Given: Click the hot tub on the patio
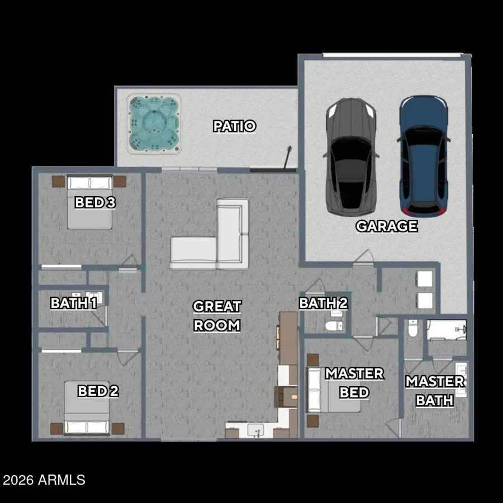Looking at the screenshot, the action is [x=154, y=124].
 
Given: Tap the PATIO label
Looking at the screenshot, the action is [x=235, y=126].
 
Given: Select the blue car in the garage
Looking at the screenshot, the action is [x=424, y=156].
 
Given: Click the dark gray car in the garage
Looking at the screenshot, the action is [x=351, y=157].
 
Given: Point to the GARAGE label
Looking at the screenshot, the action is [x=387, y=226].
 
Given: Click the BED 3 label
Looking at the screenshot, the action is [x=95, y=202].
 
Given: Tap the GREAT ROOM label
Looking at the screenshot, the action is [x=217, y=316].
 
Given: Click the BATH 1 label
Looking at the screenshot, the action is [x=74, y=303].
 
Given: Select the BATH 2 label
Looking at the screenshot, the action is [x=323, y=303].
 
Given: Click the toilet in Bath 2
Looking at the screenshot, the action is [x=334, y=326].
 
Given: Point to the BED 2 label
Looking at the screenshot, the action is [x=98, y=391].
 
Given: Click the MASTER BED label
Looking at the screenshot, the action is [x=354, y=383].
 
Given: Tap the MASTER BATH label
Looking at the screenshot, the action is [x=435, y=391].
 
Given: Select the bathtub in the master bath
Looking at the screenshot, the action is [x=447, y=329].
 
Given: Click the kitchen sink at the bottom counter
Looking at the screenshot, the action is [x=255, y=430].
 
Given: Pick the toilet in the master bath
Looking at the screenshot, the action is [x=412, y=328].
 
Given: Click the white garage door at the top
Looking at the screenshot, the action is [x=392, y=55].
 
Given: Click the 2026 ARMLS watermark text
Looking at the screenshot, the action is [x=44, y=480].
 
